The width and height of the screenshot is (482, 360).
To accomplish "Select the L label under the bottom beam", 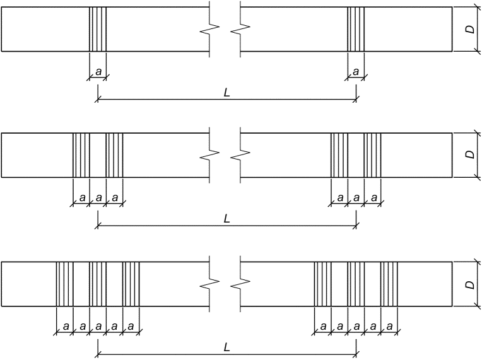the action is pyautogui.click(x=226, y=347).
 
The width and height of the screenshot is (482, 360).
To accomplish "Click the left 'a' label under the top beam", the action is pyautogui.click(x=98, y=72).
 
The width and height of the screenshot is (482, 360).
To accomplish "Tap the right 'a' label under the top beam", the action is pyautogui.click(x=356, y=72).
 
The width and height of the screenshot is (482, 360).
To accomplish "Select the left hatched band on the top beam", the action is pyautogui.click(x=98, y=29).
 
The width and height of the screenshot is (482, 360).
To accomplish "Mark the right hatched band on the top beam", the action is pyautogui.click(x=356, y=29).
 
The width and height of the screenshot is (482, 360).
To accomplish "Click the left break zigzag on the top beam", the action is pyautogui.click(x=213, y=29).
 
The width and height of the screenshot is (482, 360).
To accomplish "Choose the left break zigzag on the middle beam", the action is pyautogui.click(x=213, y=155).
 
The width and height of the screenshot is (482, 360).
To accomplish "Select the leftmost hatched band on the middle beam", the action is pyautogui.click(x=81, y=155).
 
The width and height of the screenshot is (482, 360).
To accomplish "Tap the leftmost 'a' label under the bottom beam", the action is pyautogui.click(x=65, y=326).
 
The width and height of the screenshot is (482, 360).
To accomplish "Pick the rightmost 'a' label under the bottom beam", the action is pyautogui.click(x=390, y=326).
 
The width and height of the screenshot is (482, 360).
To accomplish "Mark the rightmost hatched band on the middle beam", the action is pyautogui.click(x=373, y=155).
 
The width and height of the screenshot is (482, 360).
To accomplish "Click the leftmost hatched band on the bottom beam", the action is pyautogui.click(x=65, y=284).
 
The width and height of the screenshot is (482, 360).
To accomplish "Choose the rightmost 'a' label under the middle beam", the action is pyautogui.click(x=373, y=198).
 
